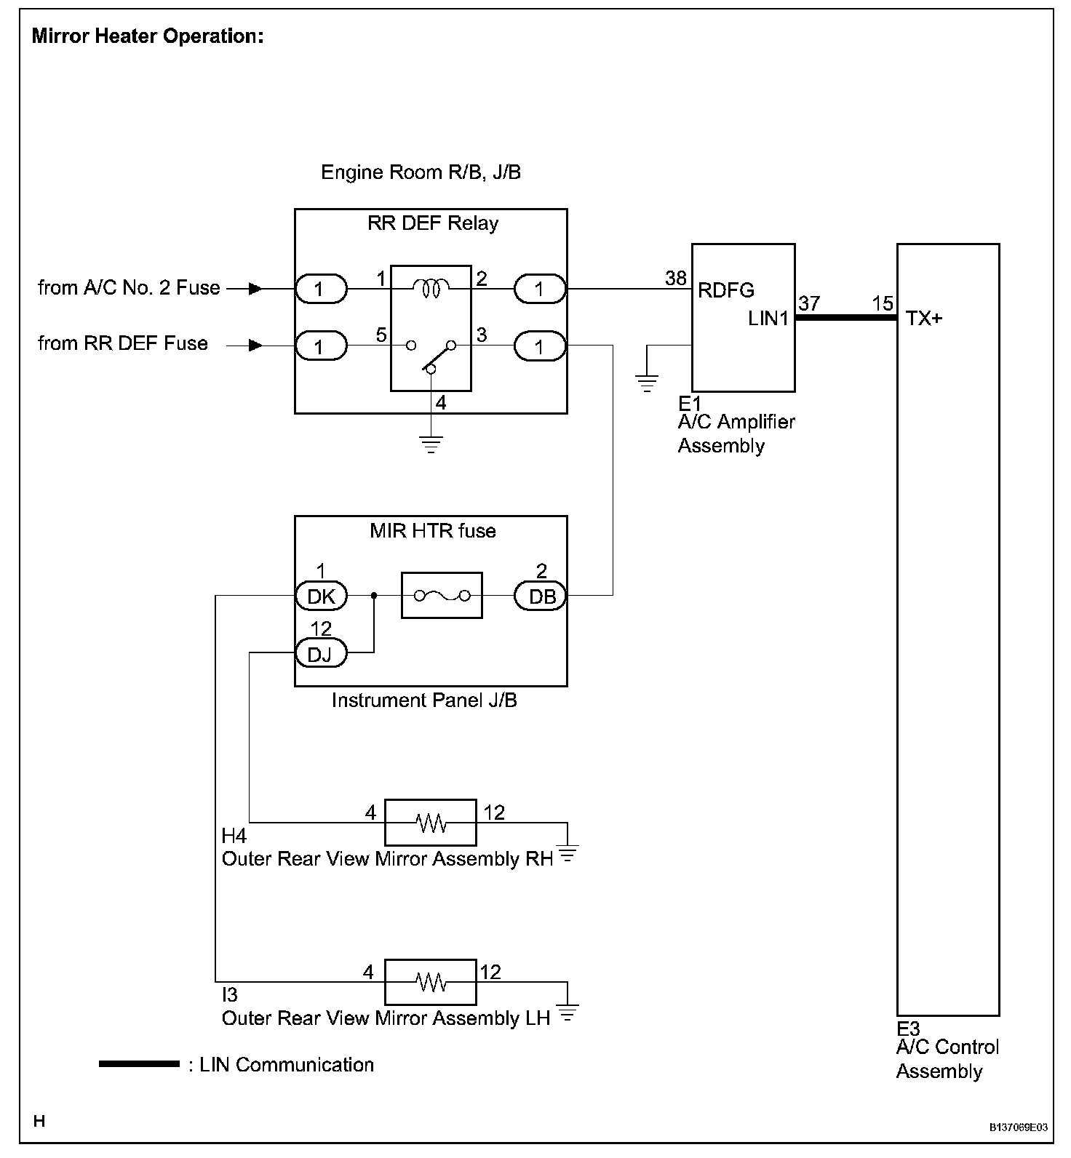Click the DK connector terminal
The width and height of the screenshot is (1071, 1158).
coord(321,596)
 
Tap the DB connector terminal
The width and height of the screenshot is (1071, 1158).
coord(541,596)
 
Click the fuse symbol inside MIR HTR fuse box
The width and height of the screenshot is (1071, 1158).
coord(442,596)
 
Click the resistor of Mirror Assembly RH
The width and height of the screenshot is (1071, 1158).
coord(431,823)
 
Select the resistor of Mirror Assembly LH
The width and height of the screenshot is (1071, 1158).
coord(431,983)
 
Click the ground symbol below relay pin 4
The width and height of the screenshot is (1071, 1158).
coord(431,443)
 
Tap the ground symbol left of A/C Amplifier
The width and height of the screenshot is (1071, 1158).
coord(646,383)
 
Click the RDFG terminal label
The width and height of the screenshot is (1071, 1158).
coord(726,290)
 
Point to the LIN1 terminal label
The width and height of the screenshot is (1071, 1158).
coord(768,318)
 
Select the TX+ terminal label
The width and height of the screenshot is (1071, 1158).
coord(924,318)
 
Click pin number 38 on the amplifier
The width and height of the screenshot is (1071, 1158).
coord(676,278)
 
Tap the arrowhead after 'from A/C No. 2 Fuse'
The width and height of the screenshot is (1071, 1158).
coord(255,289)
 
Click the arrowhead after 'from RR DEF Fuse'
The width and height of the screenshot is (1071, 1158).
coord(255,345)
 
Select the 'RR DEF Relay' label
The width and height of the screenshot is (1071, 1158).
coord(433,223)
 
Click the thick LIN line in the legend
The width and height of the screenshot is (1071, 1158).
coord(139,1064)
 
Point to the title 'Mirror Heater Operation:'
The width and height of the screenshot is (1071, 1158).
coord(148,36)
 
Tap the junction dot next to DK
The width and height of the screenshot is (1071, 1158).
coord(374,596)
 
